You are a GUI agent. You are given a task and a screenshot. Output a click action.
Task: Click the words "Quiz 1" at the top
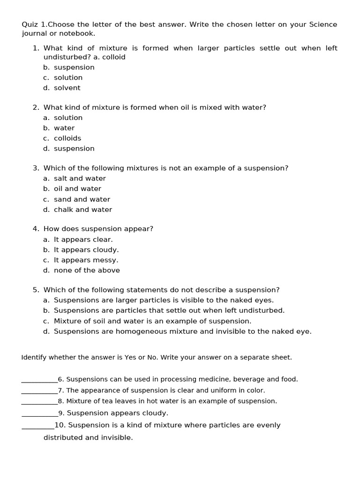(x=34, y=24)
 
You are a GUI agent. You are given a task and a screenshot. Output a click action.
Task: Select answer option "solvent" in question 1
(x=67, y=88)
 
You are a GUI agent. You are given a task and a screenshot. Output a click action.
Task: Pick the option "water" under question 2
(x=64, y=128)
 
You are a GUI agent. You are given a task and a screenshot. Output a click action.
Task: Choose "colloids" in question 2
(x=67, y=138)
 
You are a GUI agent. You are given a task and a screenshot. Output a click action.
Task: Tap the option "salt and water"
(x=80, y=179)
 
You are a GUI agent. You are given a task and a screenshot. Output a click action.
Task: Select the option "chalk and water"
(x=83, y=210)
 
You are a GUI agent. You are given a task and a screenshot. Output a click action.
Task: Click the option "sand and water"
(x=82, y=199)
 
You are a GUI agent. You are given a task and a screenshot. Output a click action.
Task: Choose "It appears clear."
(x=83, y=240)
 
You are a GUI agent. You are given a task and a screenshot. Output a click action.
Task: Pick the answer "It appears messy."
(x=86, y=260)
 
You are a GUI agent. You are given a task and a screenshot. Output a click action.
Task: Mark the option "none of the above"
(x=87, y=270)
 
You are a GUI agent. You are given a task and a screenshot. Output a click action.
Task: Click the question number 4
(x=35, y=229)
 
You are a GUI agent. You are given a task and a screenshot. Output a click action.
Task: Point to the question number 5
(x=35, y=290)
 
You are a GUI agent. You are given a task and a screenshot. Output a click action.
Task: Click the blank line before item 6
(x=39, y=380)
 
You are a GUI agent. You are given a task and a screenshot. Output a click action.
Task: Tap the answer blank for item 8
(x=39, y=402)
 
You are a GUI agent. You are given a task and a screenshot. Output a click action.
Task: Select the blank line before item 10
(x=38, y=426)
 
